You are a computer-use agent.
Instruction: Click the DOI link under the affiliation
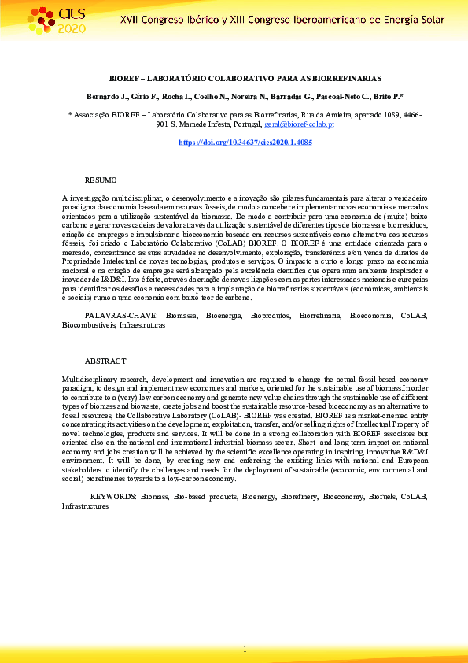(x=245, y=143)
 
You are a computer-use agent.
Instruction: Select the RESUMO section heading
(x=100, y=180)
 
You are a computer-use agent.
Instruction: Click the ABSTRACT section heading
(x=104, y=361)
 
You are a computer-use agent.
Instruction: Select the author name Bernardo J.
(x=105, y=96)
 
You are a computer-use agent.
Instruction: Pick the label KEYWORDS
(x=114, y=497)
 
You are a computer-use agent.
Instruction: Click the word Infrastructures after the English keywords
(x=86, y=506)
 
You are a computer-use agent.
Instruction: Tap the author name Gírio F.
(x=142, y=96)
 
